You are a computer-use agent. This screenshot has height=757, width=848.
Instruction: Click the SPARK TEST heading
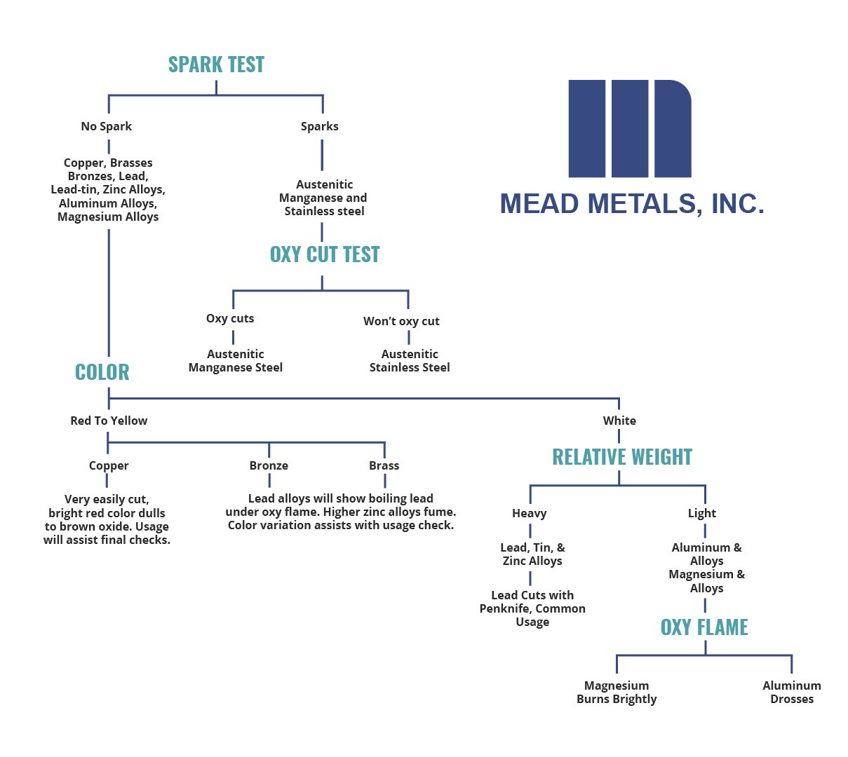[216, 64]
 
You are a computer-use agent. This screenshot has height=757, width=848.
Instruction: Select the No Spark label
[107, 126]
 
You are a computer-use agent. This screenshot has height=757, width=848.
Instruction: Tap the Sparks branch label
[320, 126]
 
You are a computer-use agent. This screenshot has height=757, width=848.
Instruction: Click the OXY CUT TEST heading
[325, 254]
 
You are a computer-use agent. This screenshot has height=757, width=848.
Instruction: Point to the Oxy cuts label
[230, 318]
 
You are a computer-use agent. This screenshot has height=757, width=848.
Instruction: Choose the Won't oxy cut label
[401, 321]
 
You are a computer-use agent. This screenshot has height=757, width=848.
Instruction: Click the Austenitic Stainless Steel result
[410, 361]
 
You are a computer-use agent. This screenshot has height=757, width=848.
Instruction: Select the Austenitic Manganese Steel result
[236, 361]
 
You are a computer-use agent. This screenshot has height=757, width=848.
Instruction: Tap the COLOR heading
[102, 372]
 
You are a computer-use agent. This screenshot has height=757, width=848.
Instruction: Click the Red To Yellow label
[109, 421]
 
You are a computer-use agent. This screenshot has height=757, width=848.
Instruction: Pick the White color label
[619, 421]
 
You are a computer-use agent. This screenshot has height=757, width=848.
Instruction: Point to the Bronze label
[269, 465]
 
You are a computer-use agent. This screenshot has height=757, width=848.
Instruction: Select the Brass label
[384, 465]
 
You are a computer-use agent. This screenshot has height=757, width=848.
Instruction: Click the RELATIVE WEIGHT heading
[622, 457]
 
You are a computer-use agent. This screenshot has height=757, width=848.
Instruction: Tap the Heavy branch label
[530, 513]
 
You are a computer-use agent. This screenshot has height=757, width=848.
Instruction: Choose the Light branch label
[702, 513]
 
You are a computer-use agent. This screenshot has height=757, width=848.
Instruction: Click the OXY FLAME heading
[704, 627]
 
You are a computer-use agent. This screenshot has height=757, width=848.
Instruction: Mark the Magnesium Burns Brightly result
[617, 693]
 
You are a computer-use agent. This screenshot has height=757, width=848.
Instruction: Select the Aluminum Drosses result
[792, 693]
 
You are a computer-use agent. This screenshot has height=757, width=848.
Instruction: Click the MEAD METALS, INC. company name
[632, 204]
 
